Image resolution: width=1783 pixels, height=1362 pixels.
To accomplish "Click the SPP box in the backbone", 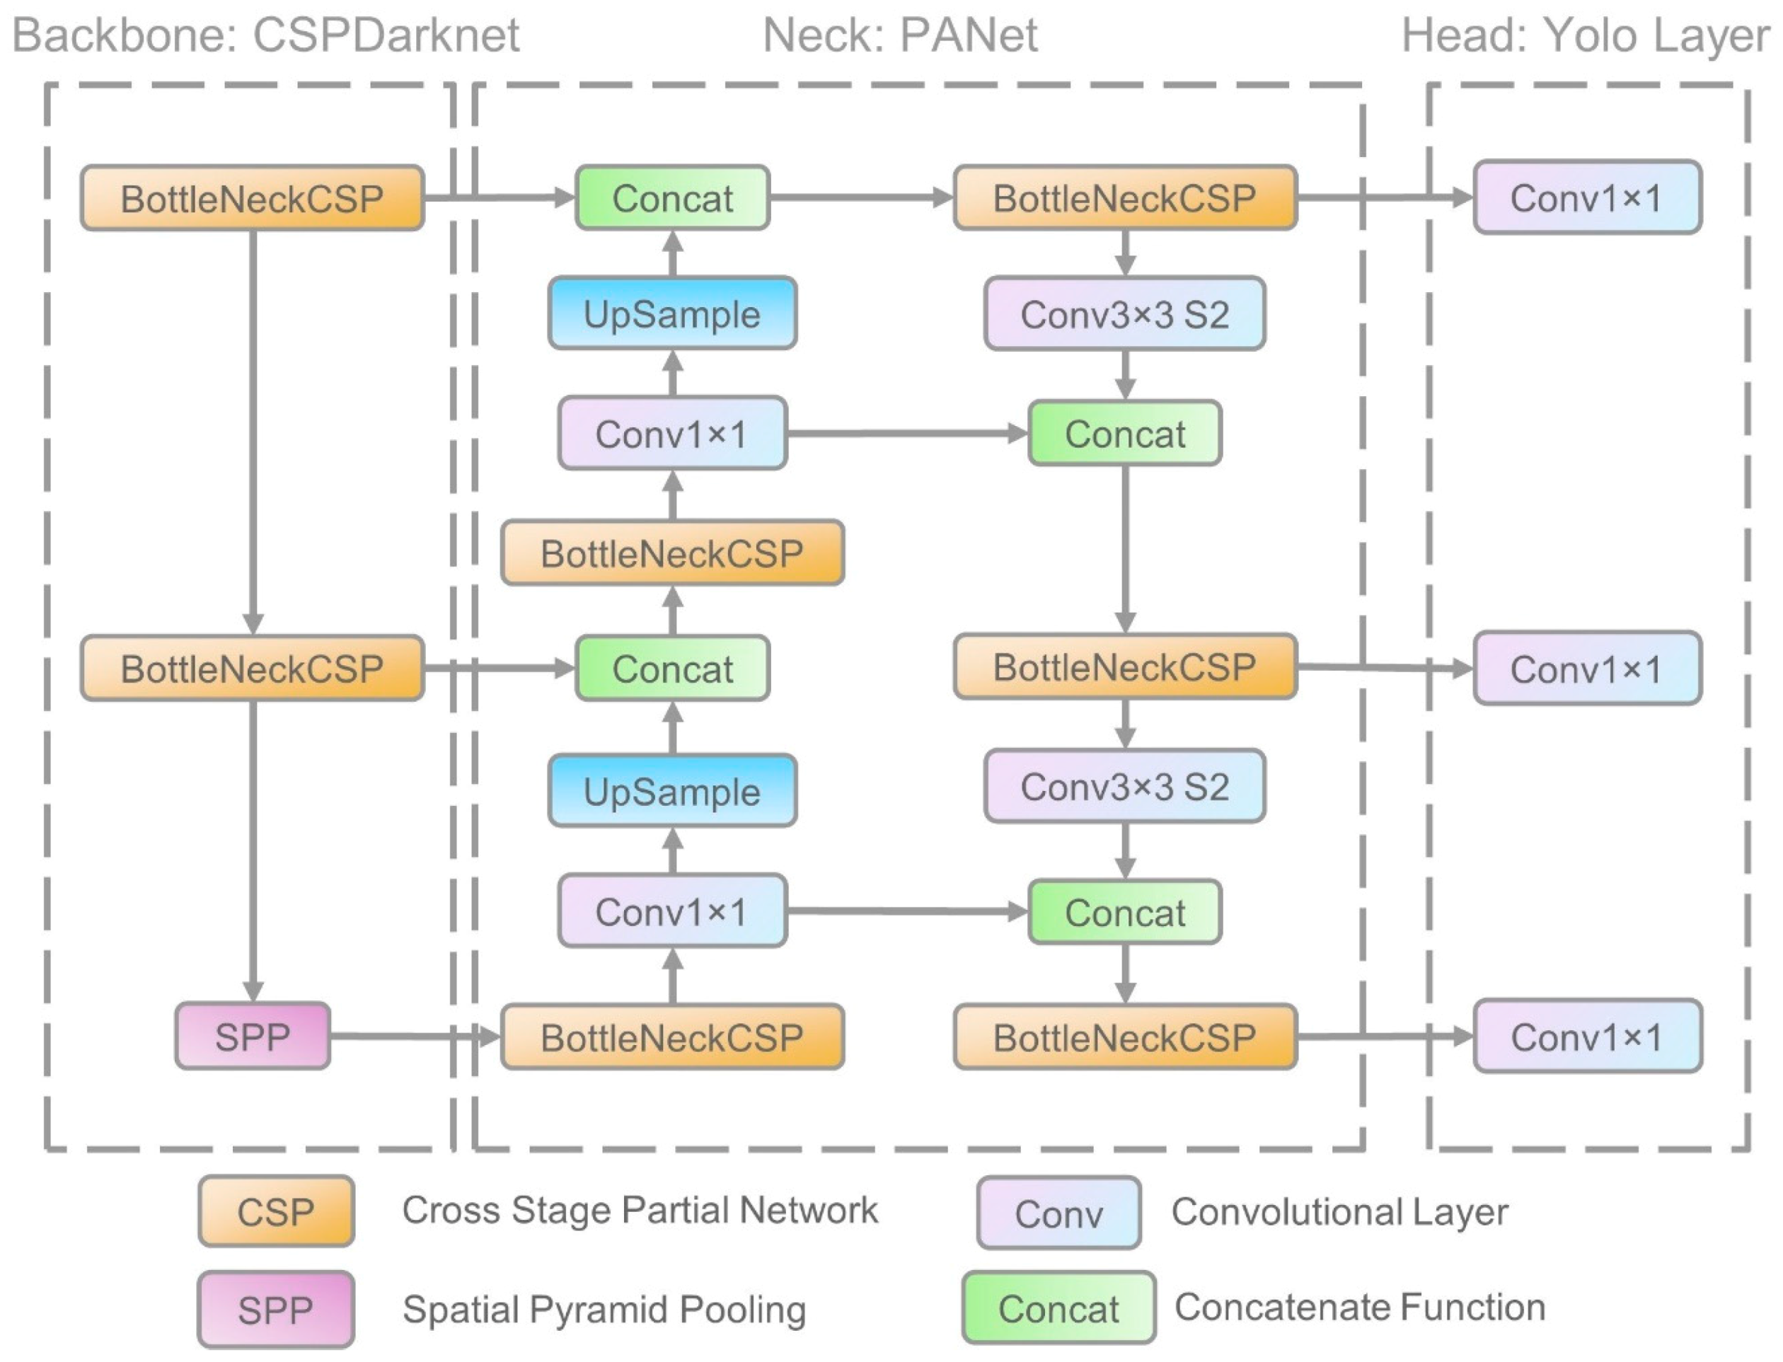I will (x=252, y=1036).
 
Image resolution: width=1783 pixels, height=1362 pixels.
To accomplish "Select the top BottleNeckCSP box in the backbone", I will (x=252, y=199).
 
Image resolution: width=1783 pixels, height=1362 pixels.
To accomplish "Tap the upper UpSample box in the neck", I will (x=671, y=313).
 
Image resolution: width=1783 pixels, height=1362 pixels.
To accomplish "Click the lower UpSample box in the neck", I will (x=671, y=791).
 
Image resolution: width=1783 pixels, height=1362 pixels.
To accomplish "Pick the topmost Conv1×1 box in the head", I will (x=1586, y=198).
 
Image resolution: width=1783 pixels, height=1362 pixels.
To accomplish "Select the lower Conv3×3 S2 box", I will (x=1124, y=786).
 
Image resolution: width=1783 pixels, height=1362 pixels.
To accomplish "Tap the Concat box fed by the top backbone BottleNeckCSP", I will (x=671, y=199).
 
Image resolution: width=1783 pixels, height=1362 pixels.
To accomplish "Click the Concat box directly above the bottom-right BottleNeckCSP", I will (x=1124, y=912).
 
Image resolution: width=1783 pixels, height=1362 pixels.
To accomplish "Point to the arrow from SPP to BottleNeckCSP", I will (x=413, y=1035).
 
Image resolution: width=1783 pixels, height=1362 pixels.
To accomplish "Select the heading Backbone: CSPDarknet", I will (x=265, y=35).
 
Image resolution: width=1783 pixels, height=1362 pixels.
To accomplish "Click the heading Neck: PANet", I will (x=899, y=35).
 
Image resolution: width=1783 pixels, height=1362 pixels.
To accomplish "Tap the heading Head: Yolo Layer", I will (x=1585, y=35).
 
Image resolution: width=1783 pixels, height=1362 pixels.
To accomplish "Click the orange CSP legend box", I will (x=276, y=1211).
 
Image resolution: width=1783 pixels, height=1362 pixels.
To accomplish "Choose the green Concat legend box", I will (x=1058, y=1308).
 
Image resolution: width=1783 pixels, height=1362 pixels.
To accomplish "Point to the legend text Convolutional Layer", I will (x=1339, y=1212).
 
